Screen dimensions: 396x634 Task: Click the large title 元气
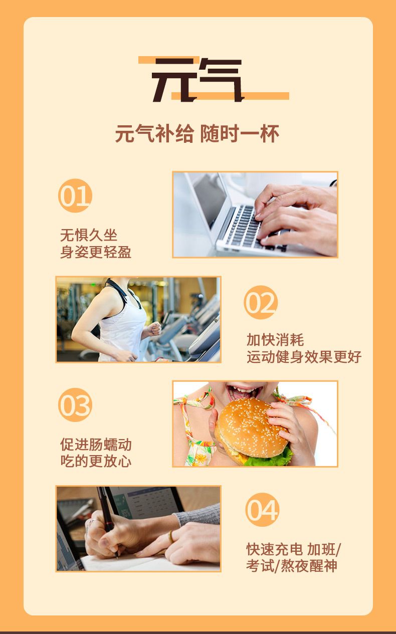point(198,80)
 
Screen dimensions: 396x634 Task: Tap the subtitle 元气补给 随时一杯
point(197,134)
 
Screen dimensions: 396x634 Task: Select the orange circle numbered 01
point(75,195)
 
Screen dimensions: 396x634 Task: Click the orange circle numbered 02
point(261,302)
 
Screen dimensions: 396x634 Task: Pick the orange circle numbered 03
point(75,405)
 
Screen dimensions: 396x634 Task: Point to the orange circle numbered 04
point(262,510)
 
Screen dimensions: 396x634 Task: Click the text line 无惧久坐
point(89,235)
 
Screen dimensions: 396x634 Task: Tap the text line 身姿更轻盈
point(96,252)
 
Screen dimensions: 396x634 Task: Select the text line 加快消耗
point(275,340)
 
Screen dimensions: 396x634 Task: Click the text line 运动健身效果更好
point(304,357)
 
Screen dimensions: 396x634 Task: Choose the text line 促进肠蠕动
point(96,445)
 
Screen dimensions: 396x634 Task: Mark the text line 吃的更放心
point(96,461)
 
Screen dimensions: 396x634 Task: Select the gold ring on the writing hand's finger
point(170,537)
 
